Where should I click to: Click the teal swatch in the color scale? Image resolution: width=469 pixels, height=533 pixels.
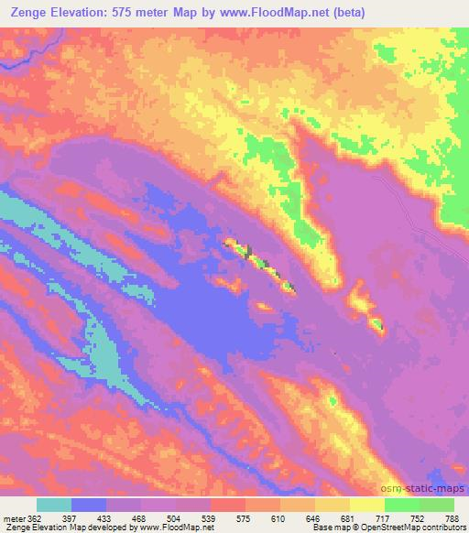(x=54, y=505)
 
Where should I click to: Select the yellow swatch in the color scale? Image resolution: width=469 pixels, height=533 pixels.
(x=367, y=505)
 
